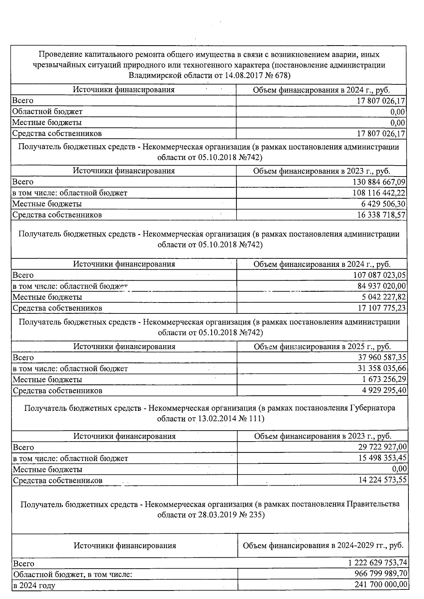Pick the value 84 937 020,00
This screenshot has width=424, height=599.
click(x=382, y=286)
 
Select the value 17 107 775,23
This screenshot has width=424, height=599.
click(x=382, y=308)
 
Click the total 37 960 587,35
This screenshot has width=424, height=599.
click(x=382, y=358)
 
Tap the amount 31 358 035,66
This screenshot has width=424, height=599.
click(x=382, y=369)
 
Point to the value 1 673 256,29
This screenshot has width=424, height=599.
click(x=384, y=380)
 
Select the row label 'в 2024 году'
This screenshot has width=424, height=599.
click(x=34, y=586)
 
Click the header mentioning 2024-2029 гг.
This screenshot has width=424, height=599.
click(x=323, y=545)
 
